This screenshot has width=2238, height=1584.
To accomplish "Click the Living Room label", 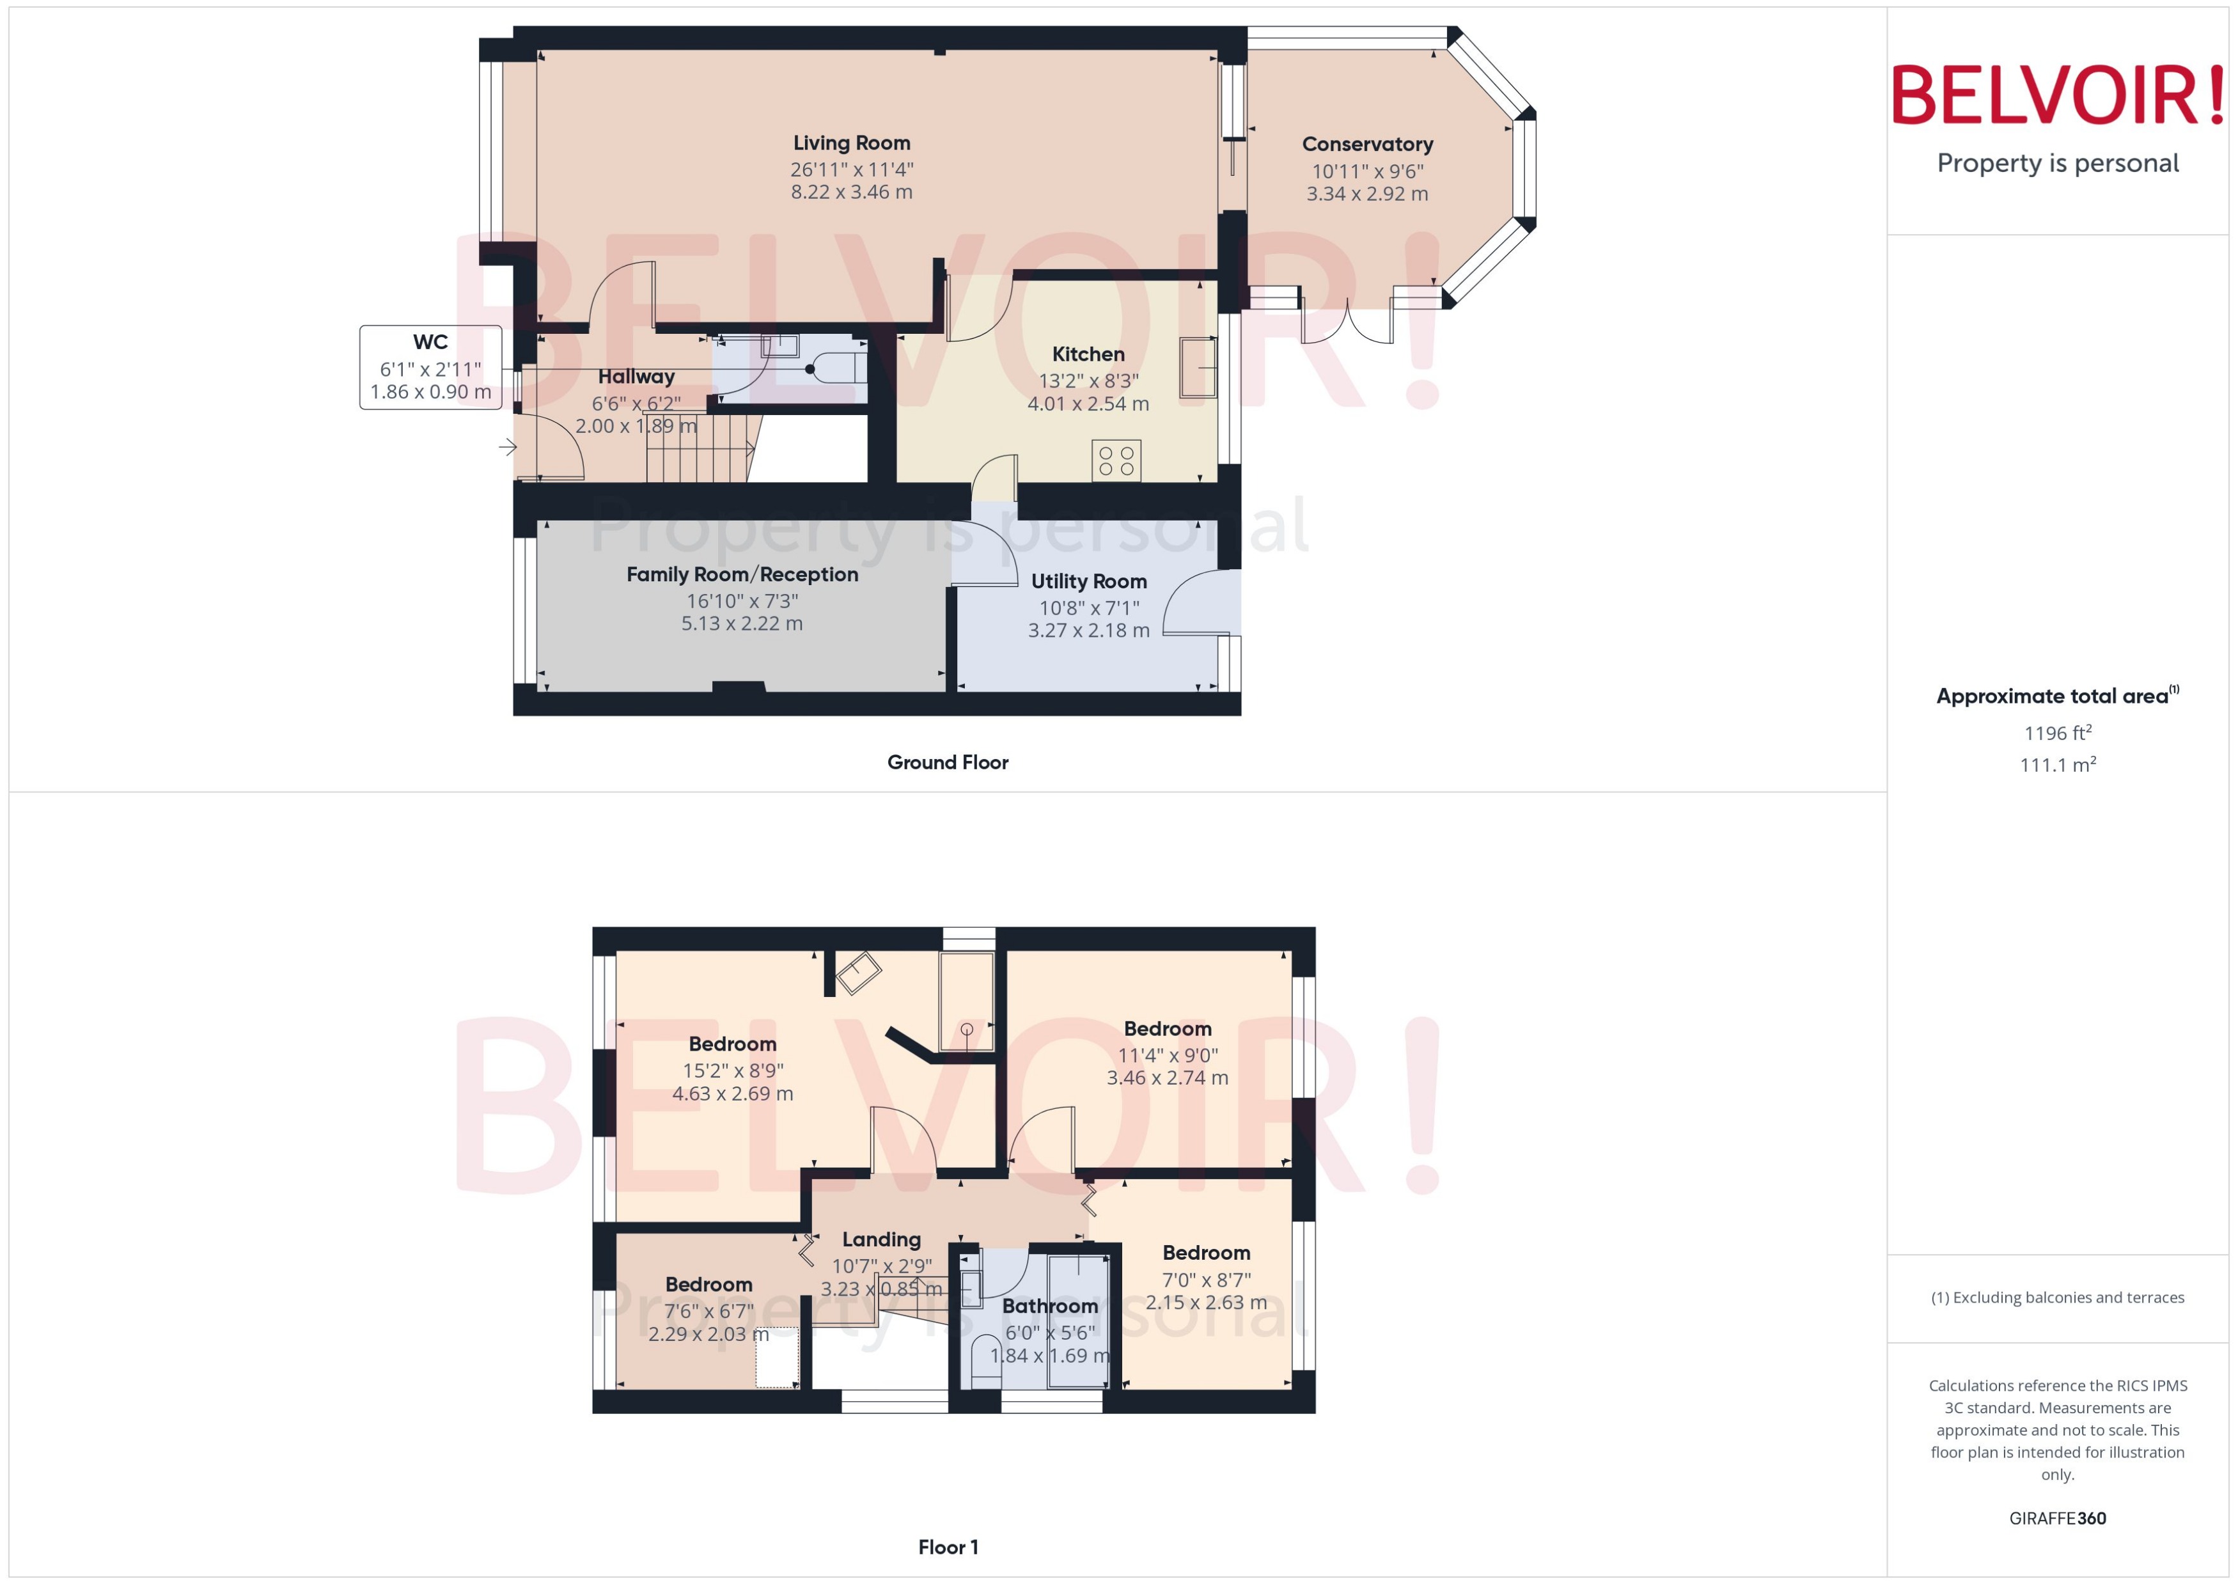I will [x=851, y=143].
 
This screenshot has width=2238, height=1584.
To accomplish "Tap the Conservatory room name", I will [x=1367, y=145].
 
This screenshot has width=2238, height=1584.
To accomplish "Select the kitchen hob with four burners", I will [x=1116, y=461].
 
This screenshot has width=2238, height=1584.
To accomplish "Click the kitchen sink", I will [x=1198, y=368].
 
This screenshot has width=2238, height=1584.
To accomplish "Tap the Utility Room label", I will [x=1088, y=581].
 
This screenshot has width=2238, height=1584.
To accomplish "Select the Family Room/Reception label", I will [x=742, y=574].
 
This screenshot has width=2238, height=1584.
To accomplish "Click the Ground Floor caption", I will [x=947, y=763].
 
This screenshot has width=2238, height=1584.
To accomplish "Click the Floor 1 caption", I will [x=947, y=1547].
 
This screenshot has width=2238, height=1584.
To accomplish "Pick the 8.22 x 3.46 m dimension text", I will [x=851, y=192].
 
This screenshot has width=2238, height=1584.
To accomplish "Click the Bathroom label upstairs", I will [x=1050, y=1306].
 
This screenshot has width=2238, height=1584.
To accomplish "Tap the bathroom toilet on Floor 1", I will [x=985, y=1361].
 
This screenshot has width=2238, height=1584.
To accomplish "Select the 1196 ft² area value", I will [x=2058, y=732].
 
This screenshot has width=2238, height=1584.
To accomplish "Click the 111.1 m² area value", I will [x=2058, y=765].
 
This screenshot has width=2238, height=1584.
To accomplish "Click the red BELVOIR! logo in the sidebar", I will [x=2058, y=95].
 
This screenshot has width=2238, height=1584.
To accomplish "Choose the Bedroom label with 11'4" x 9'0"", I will [x=1167, y=1029].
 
